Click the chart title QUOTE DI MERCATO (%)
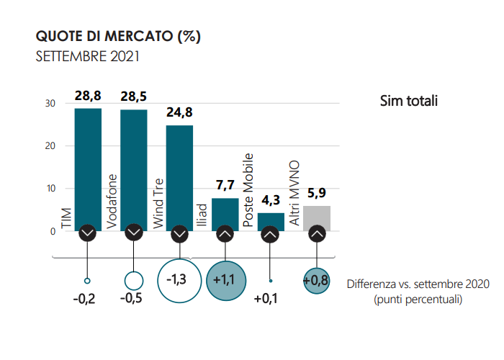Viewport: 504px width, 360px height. point(118,36)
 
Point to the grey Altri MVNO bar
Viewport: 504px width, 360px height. point(316,216)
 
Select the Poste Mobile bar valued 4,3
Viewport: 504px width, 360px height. point(271,220)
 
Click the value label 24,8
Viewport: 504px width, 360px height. point(179,113)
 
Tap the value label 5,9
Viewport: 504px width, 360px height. point(316,193)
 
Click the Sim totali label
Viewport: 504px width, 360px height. point(409,101)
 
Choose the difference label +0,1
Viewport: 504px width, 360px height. point(266,299)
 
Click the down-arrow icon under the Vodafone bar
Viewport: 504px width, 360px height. point(134,233)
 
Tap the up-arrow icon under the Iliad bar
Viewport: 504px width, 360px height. point(225,233)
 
